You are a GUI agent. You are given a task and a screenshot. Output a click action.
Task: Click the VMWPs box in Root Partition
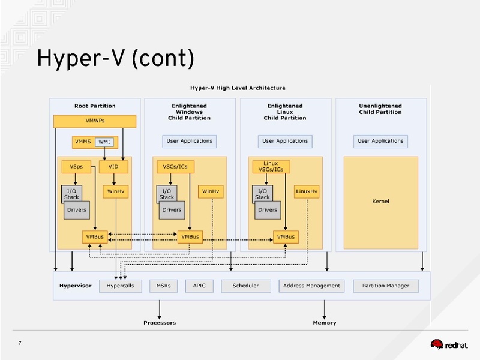[x=95, y=121]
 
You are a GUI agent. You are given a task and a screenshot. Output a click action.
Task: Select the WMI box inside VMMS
[x=104, y=142]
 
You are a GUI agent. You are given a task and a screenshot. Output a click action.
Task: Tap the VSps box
[x=76, y=166]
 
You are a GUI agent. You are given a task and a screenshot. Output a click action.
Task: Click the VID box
[x=113, y=166]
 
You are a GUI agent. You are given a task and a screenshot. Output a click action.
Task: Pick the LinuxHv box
[x=307, y=191]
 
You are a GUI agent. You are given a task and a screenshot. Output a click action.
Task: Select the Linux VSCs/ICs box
[x=271, y=167]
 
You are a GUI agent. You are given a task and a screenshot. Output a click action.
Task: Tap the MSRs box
[x=163, y=286]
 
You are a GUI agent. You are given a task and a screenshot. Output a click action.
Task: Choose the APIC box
[x=199, y=286]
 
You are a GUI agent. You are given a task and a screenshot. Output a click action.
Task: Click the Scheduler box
[x=245, y=286]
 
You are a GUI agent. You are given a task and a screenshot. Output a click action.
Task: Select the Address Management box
[x=311, y=286]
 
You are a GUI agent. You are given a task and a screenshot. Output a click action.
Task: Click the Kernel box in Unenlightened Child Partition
[x=380, y=202]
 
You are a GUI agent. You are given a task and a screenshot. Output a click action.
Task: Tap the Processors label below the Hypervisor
[x=160, y=323]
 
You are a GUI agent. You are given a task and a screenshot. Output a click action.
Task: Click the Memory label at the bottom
[x=324, y=323]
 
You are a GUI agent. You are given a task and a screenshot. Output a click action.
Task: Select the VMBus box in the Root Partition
[x=95, y=237]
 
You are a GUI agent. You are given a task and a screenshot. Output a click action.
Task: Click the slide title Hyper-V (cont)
[x=115, y=59]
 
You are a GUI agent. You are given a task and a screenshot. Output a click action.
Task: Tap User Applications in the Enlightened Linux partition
[x=285, y=141]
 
